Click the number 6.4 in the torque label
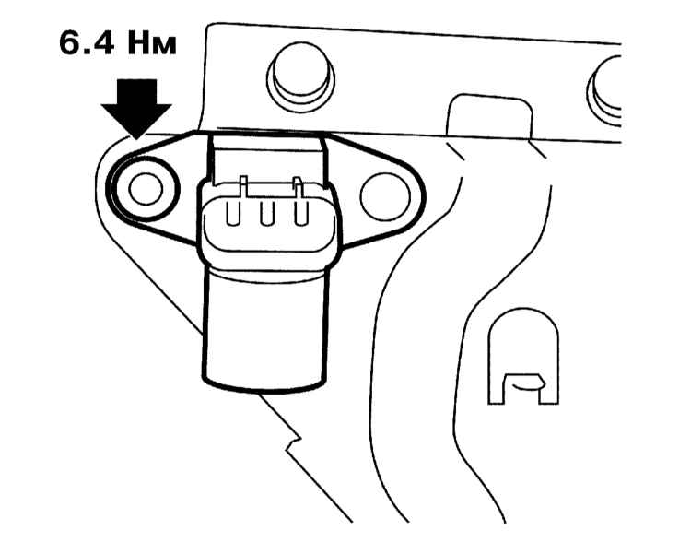coord(87,44)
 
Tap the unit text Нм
coord(152,44)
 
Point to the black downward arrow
coord(136,109)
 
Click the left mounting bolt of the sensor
coord(146,189)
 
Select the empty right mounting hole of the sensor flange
coord(385,196)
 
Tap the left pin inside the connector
coord(233,214)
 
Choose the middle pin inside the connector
coord(266,214)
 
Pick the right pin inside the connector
coord(300,214)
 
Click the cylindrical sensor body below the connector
coord(265,330)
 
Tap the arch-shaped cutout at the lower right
coord(523,356)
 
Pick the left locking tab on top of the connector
coord(243,185)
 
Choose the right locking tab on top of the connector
coord(299,186)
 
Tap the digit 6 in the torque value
coord(69,44)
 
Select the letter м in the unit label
coord(164,47)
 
